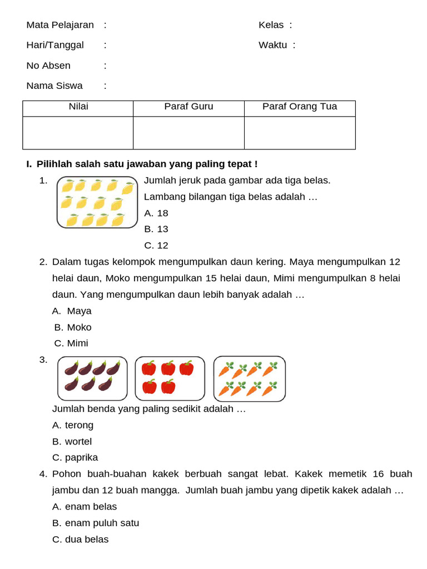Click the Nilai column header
click(x=78, y=107)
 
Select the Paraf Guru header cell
click(x=188, y=107)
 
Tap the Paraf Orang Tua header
click(x=300, y=107)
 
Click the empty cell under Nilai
click(x=78, y=132)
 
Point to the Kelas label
click(x=271, y=25)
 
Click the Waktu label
click(x=273, y=45)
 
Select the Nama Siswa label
click(x=54, y=86)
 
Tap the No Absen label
click(x=48, y=66)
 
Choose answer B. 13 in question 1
click(x=156, y=229)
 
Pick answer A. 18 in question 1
click(x=156, y=213)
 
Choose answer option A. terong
click(x=73, y=425)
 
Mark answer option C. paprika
click(x=75, y=457)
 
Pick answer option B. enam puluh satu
click(x=96, y=523)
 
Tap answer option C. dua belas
click(x=81, y=539)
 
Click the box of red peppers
click(x=170, y=378)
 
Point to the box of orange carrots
click(x=250, y=379)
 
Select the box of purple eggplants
click(x=93, y=378)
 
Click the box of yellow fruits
click(x=97, y=202)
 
